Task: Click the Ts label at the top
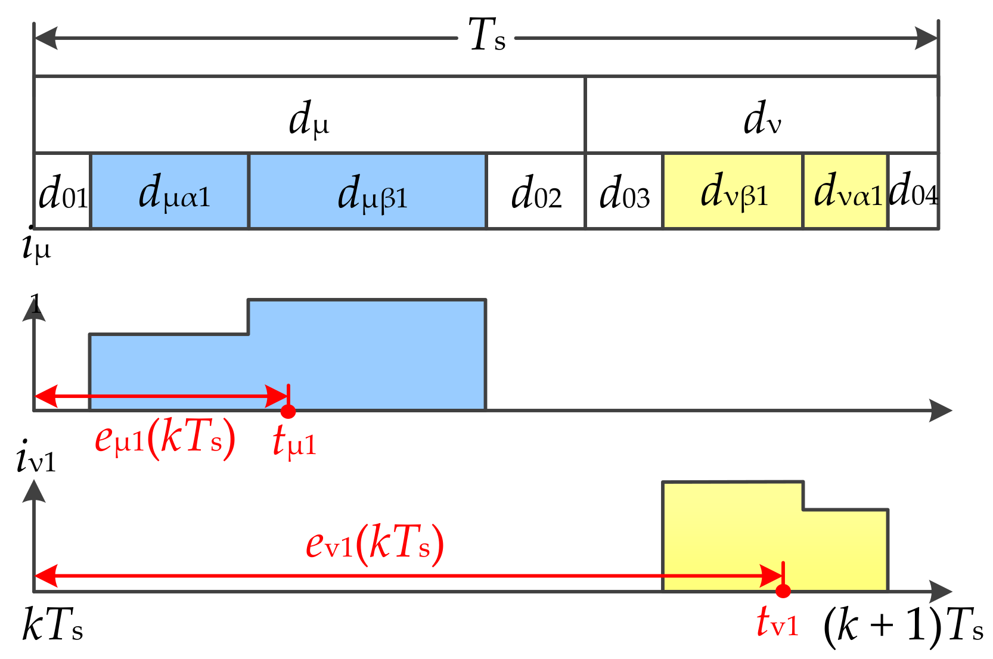486,36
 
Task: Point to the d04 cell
913,191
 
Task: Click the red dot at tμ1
288,411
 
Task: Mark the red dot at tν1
783,591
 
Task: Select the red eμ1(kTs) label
165,440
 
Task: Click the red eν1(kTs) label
374,543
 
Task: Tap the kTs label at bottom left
52,626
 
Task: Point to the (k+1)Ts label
902,627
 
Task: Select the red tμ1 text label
294,442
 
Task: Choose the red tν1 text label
777,623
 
